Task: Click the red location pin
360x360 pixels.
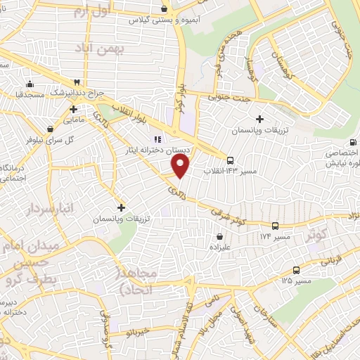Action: (181, 166)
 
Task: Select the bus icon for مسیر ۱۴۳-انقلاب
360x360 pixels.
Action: (231, 159)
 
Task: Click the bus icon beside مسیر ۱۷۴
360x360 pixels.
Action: (275, 226)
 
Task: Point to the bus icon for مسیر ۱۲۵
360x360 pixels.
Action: (296, 270)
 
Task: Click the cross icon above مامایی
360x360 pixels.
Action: (73, 109)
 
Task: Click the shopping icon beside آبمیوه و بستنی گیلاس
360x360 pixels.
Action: (164, 9)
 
